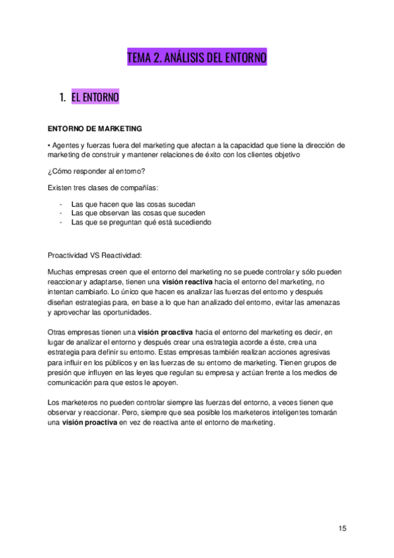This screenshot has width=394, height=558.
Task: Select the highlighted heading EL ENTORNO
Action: pos(95,97)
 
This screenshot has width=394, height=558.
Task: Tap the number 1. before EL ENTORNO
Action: pos(62,97)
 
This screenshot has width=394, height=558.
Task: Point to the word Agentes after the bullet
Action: pos(68,145)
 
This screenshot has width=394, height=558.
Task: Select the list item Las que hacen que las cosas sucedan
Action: pos(133,204)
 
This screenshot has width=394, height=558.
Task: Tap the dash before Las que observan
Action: pos(61,213)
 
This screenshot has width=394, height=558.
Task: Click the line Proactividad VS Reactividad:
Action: pos(95,255)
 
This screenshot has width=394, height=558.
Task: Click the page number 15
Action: pos(342,528)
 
